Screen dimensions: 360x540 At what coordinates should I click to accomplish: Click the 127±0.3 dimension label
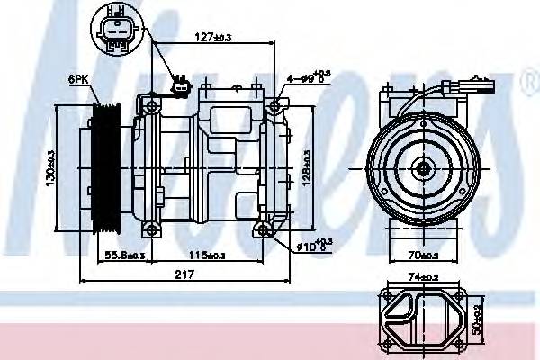213,37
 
